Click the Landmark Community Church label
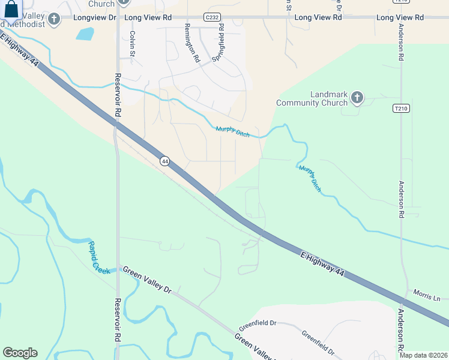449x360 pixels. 312,99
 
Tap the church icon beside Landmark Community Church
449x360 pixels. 357,97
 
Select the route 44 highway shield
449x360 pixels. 165,161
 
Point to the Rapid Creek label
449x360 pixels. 100,257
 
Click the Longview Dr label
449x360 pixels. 95,18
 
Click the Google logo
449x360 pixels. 20,352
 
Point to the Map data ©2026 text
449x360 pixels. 423,355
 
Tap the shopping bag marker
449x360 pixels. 11,9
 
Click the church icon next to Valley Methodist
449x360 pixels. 55,19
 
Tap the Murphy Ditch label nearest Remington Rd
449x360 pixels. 232,131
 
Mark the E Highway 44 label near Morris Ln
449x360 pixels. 322,264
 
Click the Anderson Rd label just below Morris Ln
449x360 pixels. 401,331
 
